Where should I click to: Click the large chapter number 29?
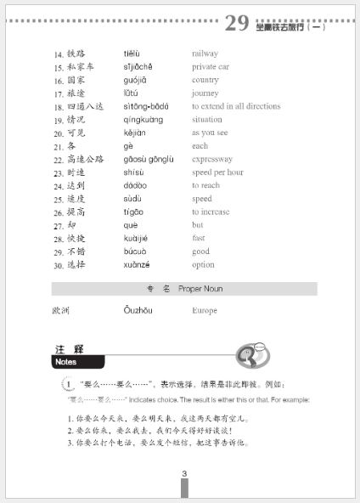236,23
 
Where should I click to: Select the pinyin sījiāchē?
142,66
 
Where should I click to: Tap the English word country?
206,80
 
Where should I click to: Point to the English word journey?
205,93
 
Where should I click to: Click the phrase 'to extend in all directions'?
235,106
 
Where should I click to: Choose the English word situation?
209,119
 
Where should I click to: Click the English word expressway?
213,159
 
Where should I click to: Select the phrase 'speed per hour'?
217,172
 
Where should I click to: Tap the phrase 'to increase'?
212,212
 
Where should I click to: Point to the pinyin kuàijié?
139,238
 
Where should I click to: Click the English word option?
203,264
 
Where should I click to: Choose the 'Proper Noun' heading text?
200,289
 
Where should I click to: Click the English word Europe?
205,311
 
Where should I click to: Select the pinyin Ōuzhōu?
138,311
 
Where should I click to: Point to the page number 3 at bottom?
183,474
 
